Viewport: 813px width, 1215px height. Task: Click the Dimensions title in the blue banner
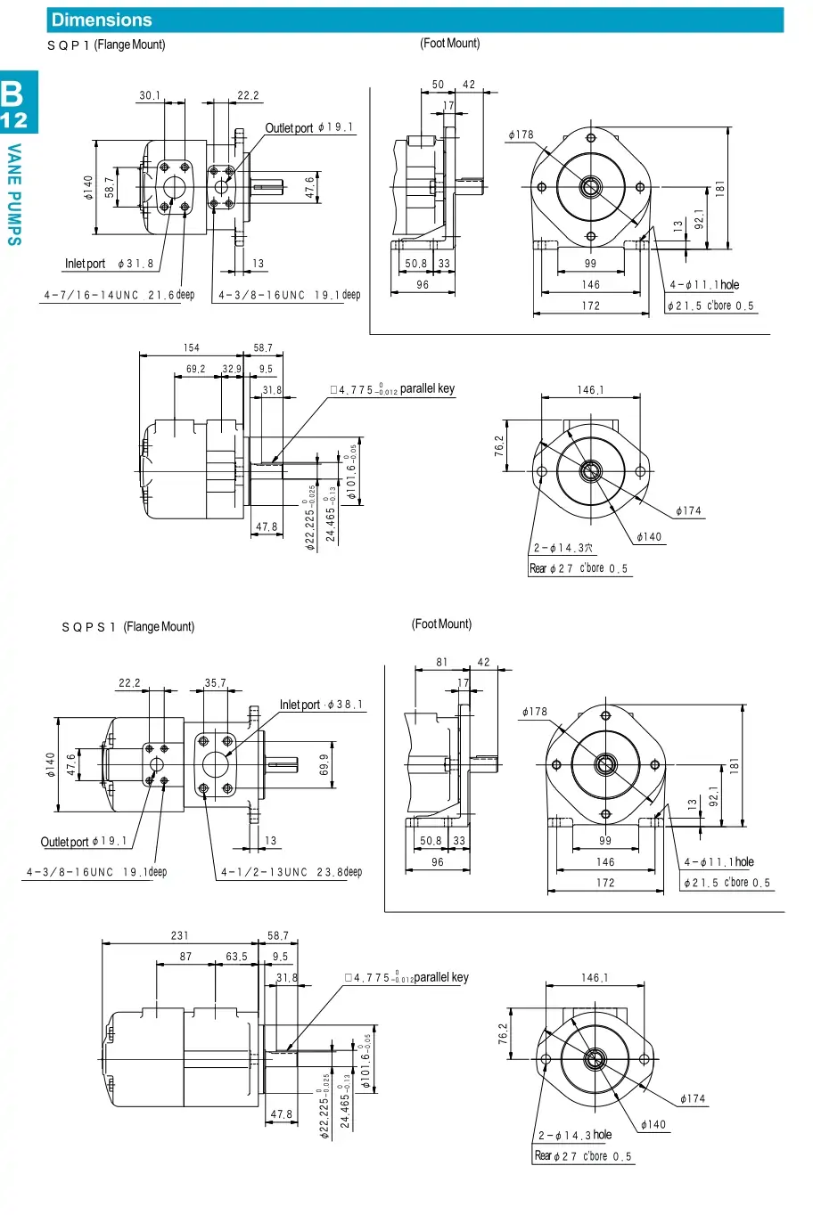102,20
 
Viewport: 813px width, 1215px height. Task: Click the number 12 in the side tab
14,120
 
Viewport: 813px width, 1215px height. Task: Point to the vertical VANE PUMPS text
14,194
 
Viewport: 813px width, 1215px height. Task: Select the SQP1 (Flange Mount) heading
106,45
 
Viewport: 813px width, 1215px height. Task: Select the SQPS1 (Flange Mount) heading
127,627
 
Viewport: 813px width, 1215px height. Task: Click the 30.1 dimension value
150,95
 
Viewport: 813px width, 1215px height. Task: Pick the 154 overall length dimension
192,348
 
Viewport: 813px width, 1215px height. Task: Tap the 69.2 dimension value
195,369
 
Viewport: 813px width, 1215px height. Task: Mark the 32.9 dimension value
232,369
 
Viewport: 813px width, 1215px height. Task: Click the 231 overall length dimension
179,935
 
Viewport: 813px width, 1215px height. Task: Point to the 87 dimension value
185,957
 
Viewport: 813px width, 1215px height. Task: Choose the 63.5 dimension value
236,957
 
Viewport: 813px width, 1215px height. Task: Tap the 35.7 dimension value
216,683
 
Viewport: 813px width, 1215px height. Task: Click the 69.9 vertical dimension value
324,764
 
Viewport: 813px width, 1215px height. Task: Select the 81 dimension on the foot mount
442,662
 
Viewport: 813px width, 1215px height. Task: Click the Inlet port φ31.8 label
109,264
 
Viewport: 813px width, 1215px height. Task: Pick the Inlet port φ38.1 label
321,705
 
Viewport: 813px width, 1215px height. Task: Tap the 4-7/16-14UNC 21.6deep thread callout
119,295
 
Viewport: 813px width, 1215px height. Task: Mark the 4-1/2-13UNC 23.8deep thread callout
292,872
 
